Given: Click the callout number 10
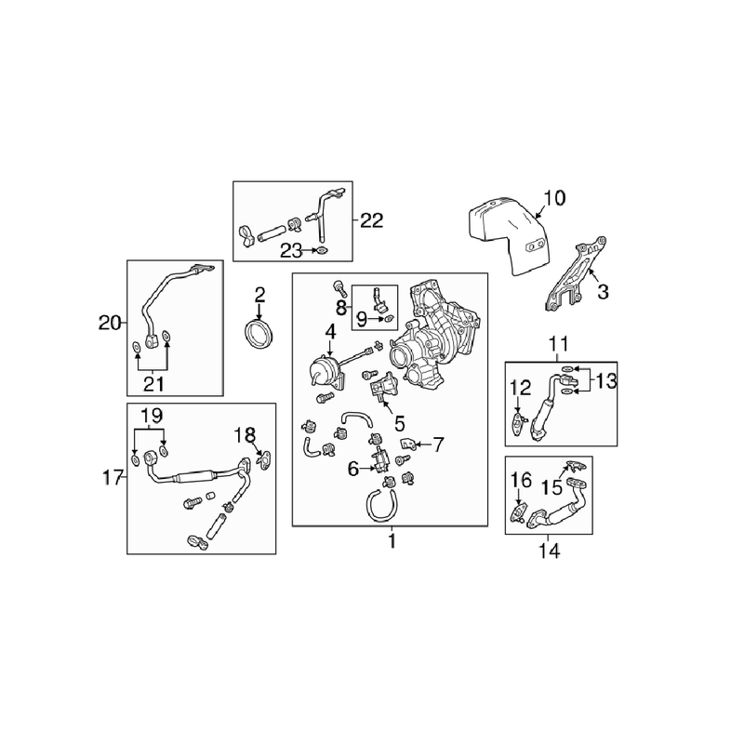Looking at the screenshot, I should [553, 197].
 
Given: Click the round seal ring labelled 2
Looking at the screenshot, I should [259, 333].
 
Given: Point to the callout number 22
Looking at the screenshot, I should [371, 220].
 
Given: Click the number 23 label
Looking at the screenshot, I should [292, 250].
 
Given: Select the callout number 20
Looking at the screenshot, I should [111, 323].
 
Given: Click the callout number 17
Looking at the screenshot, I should [111, 478].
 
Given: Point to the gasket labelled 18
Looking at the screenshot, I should [264, 458].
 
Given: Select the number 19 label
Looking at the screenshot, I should [152, 414].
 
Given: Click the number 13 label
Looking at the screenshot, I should [605, 380].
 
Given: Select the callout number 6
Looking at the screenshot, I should [353, 470].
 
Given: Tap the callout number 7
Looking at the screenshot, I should [439, 444].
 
